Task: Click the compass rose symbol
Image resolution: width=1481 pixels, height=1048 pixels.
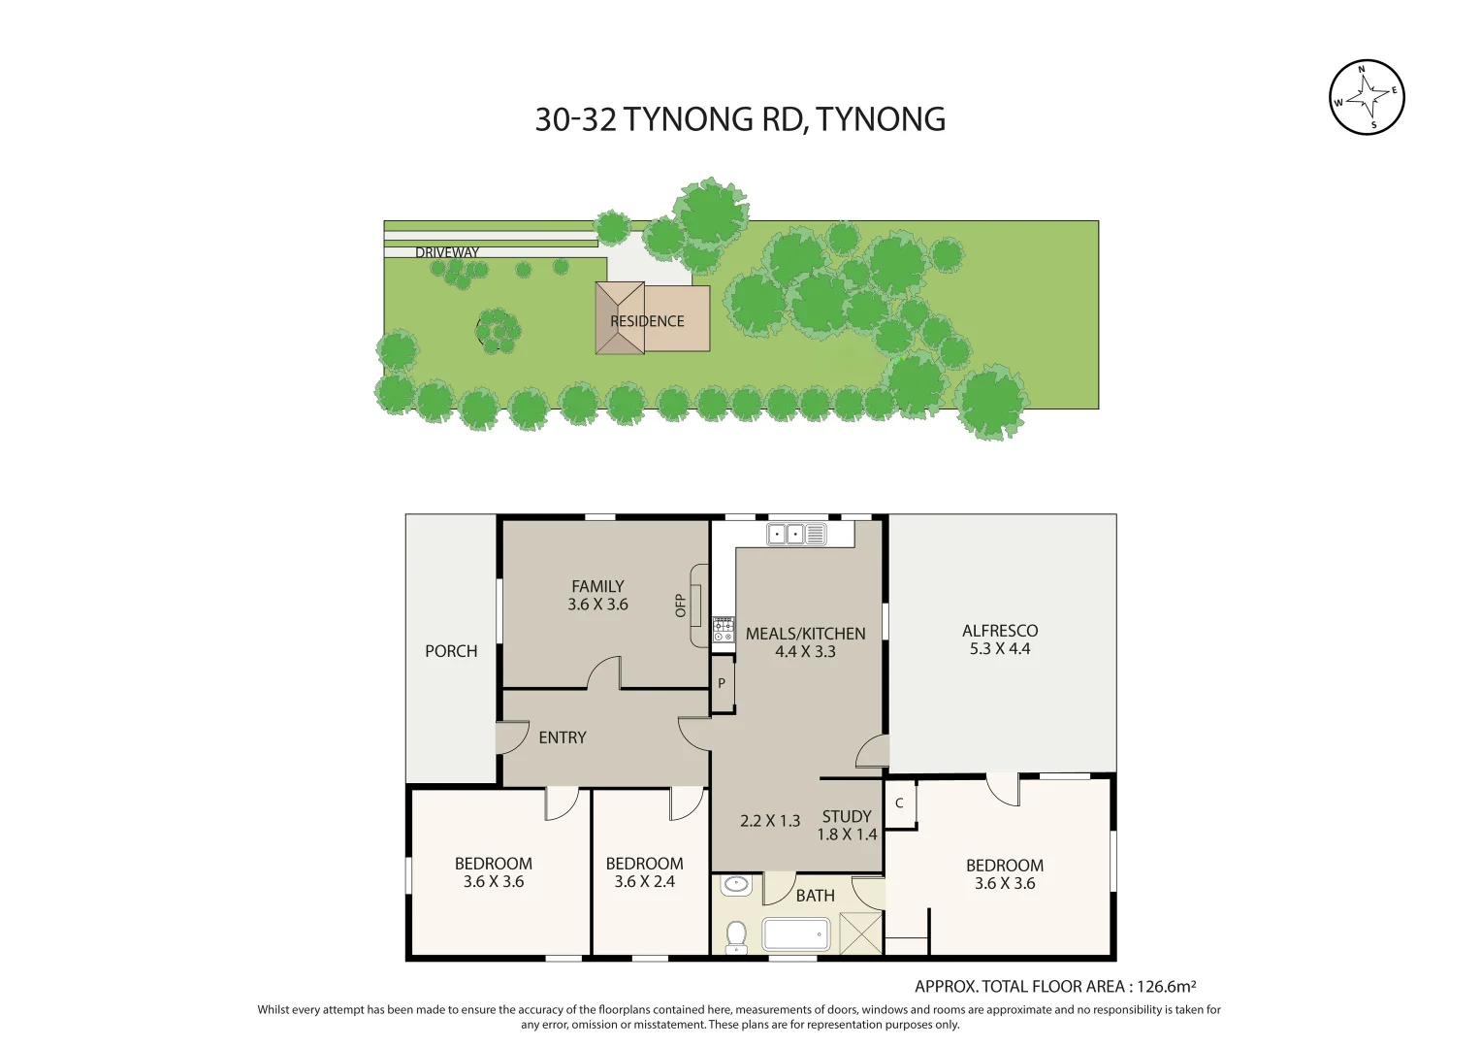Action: click(x=1366, y=97)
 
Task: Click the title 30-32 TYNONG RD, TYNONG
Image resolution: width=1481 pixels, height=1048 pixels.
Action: click(x=740, y=119)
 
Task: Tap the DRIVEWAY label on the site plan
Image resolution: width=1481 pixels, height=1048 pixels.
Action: click(x=447, y=252)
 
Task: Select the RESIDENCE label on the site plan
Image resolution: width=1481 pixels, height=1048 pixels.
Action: click(x=647, y=321)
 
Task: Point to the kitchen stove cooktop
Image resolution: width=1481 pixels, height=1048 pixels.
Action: click(x=724, y=630)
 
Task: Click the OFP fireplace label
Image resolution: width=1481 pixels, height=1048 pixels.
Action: click(x=681, y=606)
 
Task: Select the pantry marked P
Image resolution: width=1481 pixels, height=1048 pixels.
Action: click(x=722, y=684)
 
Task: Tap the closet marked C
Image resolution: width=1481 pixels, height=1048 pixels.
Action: click(x=900, y=803)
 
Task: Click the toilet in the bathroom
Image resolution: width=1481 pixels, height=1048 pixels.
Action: click(x=736, y=936)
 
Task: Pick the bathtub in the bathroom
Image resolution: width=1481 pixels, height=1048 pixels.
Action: click(x=796, y=935)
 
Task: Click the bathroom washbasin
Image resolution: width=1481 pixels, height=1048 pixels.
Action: click(x=736, y=885)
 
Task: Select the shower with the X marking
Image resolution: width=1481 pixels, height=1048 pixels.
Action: click(x=861, y=933)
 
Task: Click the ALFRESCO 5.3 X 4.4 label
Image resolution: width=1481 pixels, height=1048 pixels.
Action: click(x=1000, y=639)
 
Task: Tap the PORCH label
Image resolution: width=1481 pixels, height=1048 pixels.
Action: click(x=451, y=651)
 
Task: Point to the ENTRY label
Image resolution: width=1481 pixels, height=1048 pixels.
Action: click(x=563, y=737)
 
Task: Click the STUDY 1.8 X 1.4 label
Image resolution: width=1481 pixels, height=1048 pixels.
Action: click(x=847, y=825)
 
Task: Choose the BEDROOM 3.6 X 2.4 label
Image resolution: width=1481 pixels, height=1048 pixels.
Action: click(x=644, y=872)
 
